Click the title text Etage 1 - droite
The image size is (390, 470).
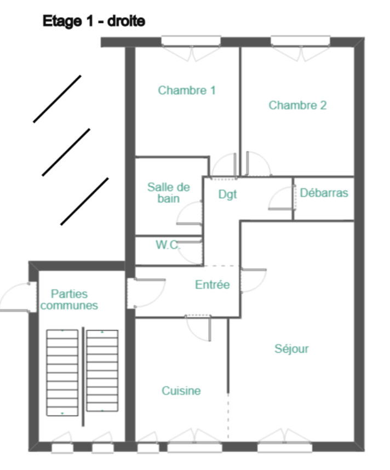click(94, 21)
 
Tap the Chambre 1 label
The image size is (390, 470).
click(187, 90)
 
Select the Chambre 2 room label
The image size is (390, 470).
click(297, 105)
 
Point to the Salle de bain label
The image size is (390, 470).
click(169, 193)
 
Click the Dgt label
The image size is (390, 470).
click(227, 194)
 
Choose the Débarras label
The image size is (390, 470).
click(324, 193)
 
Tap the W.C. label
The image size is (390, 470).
click(168, 245)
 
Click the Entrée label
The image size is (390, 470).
click(212, 284)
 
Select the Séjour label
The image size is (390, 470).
click(291, 348)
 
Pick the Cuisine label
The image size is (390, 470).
click(181, 391)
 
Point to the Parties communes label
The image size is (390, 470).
click(69, 300)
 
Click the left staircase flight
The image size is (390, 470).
click(62, 372)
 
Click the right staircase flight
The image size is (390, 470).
click(102, 370)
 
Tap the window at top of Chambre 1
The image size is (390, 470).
click(191, 41)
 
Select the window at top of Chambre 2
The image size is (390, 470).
click(300, 41)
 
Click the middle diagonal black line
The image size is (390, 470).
click(66, 152)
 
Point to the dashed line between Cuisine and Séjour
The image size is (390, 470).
click(228, 417)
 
